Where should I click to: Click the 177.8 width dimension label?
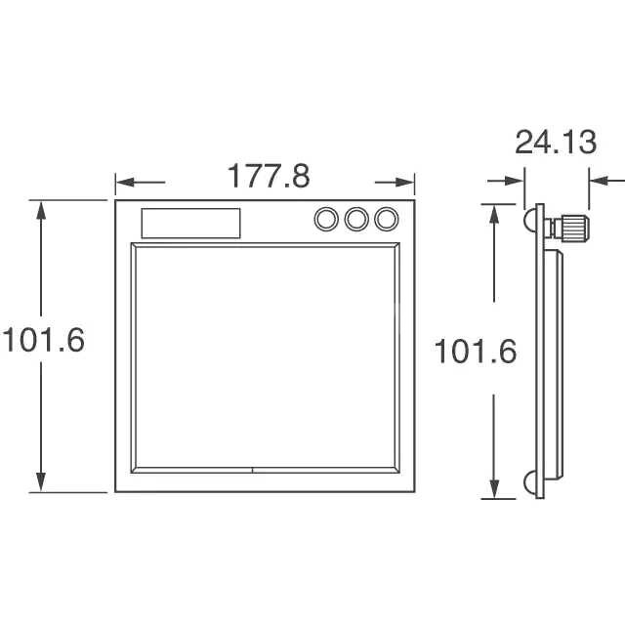(x=269, y=176)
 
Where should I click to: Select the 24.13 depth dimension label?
(x=556, y=142)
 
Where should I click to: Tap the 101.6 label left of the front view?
(x=44, y=340)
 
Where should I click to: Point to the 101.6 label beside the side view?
(x=476, y=352)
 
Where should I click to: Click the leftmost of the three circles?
(x=326, y=219)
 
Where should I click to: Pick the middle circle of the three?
(x=356, y=219)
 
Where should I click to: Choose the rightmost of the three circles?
(x=387, y=219)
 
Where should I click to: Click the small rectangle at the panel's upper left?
(x=191, y=224)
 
